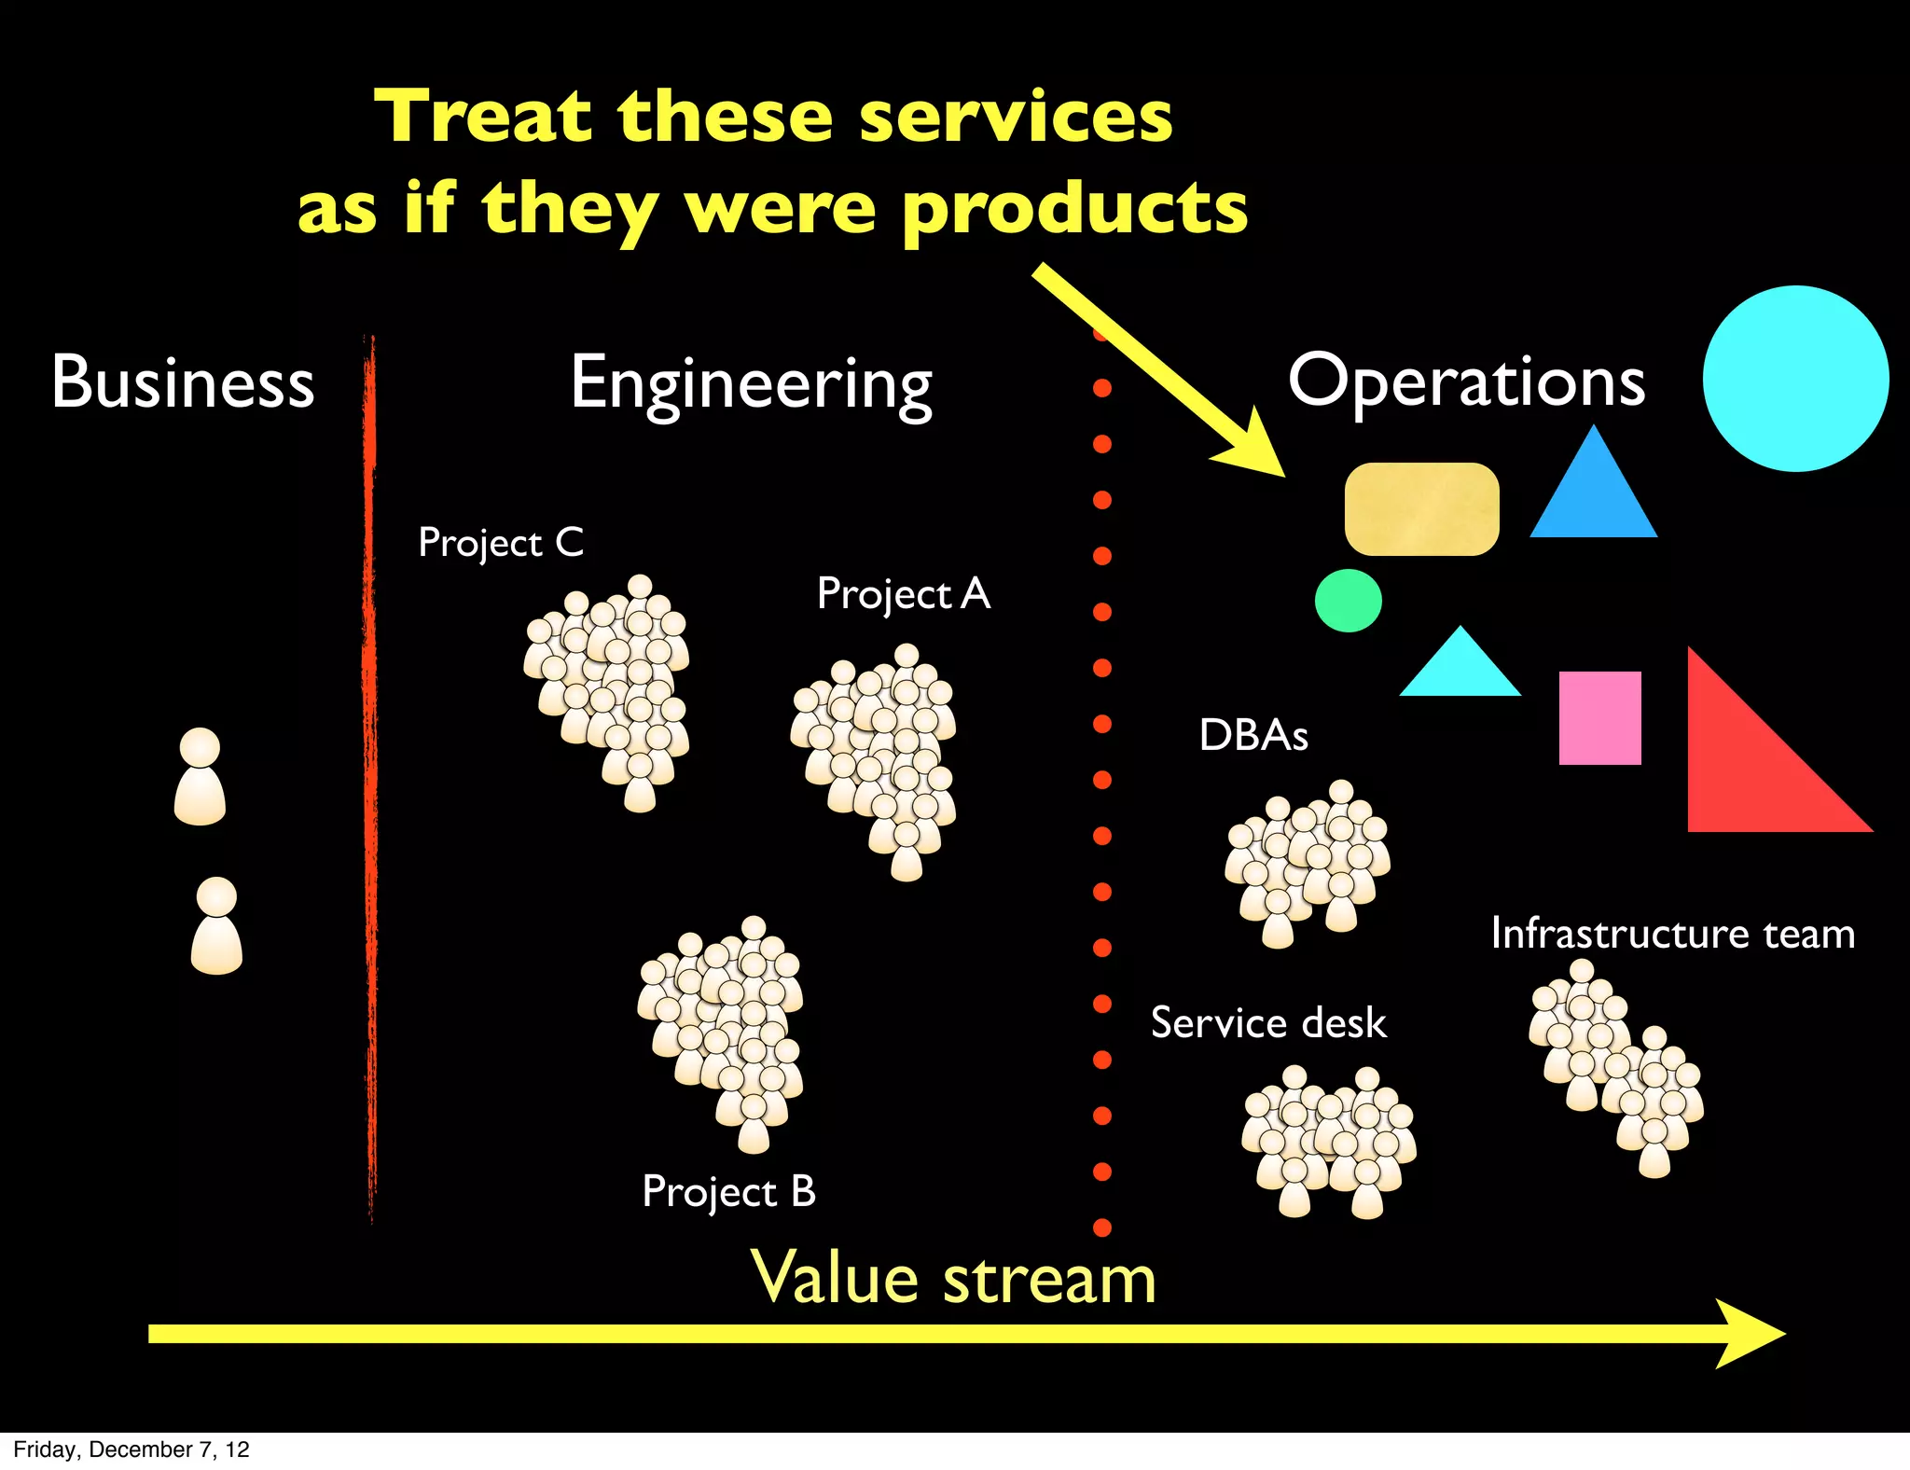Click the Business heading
point(183,382)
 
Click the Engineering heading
point(751,384)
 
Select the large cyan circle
point(1795,379)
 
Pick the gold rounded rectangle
point(1421,509)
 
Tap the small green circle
point(1348,601)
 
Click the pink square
point(1599,718)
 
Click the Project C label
point(501,543)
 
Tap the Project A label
point(903,594)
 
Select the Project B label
point(728,1192)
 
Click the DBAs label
point(1253,735)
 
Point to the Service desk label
point(1268,1023)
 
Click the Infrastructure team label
point(1672,934)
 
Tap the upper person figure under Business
point(200,777)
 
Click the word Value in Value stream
point(838,1278)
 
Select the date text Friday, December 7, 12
point(131,1449)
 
